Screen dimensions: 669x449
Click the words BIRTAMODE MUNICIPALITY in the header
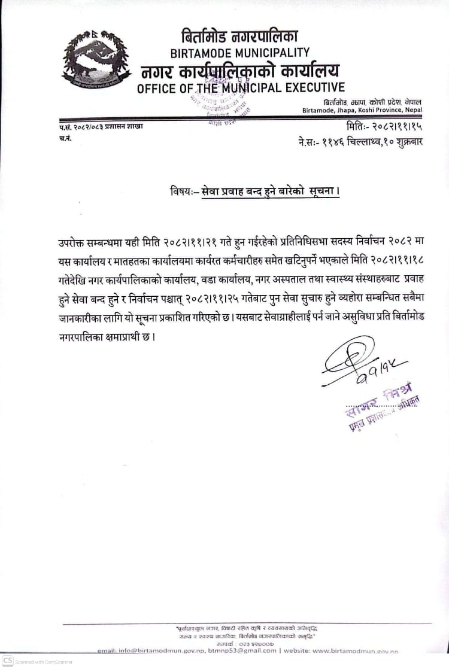[240, 53]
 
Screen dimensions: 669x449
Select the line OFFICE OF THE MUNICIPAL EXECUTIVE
[241, 89]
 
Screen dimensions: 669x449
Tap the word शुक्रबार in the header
[404, 143]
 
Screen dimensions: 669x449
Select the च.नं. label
[65, 138]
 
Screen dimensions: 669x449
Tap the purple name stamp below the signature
[381, 410]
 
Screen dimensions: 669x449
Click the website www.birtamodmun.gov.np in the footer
[355, 650]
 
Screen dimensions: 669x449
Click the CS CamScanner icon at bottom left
[7, 661]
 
